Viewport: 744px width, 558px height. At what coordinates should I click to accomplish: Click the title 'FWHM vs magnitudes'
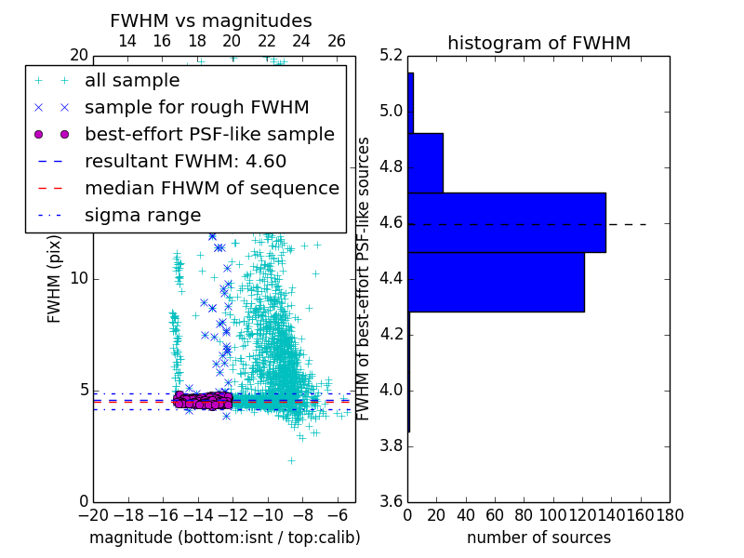[x=211, y=21]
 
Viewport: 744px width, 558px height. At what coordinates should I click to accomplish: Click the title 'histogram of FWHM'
[x=538, y=43]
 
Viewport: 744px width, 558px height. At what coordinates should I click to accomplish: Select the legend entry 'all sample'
[x=132, y=81]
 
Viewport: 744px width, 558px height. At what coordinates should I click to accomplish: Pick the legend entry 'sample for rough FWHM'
[x=196, y=107]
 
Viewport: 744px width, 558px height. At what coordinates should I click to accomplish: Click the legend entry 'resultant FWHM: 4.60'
[x=185, y=161]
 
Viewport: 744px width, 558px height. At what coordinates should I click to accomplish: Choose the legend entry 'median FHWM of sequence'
[x=211, y=188]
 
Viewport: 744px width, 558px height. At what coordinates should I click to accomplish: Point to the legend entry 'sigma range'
[x=142, y=215]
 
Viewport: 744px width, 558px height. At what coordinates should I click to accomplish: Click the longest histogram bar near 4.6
[x=506, y=222]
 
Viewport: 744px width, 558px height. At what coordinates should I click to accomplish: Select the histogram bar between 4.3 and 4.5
[x=496, y=282]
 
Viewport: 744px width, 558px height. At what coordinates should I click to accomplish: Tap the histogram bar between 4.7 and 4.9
[x=425, y=163]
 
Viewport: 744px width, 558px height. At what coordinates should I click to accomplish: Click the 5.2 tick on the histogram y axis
[x=391, y=55]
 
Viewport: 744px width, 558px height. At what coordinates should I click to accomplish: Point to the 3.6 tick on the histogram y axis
[x=391, y=501]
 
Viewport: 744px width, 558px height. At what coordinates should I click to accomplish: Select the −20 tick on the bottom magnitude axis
[x=93, y=514]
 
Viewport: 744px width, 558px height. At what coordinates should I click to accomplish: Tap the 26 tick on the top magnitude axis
[x=337, y=42]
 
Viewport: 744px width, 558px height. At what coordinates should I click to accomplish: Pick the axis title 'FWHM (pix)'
[x=55, y=278]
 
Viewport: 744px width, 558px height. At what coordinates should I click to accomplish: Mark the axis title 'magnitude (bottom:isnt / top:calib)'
[x=224, y=538]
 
